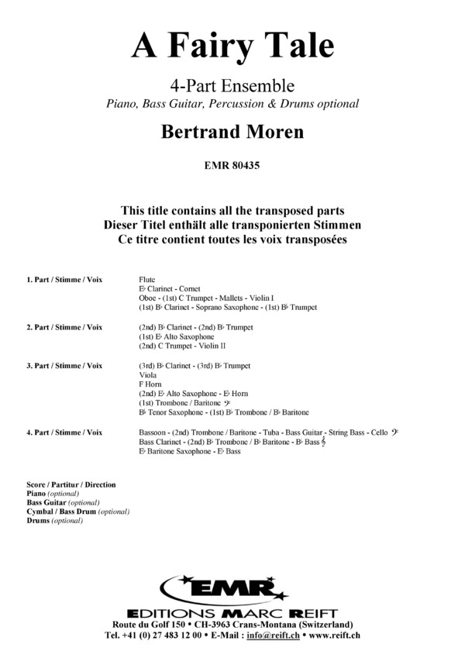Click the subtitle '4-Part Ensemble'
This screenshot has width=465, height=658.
pyautogui.click(x=232, y=85)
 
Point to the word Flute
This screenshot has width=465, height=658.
pyautogui.click(x=147, y=278)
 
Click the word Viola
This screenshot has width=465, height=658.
pyautogui.click(x=147, y=375)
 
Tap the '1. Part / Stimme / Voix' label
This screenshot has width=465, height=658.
pyautogui.click(x=65, y=278)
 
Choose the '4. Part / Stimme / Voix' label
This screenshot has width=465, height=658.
pyautogui.click(x=65, y=432)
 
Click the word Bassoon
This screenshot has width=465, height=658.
pyautogui.click(x=154, y=432)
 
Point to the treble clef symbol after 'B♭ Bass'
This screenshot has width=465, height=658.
pyautogui.click(x=312, y=441)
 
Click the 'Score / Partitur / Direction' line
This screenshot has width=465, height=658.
pyautogui.click(x=71, y=484)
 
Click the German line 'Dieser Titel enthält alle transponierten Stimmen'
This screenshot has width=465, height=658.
pyautogui.click(x=232, y=225)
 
